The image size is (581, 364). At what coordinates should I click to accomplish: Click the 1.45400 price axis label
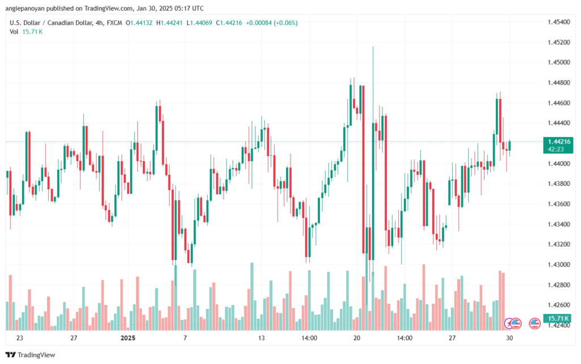pos(557,22)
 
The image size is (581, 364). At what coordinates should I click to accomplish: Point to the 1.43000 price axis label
pos(557,265)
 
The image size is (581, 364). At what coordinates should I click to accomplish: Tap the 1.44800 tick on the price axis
pos(557,83)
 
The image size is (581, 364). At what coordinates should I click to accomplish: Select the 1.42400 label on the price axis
pos(557,325)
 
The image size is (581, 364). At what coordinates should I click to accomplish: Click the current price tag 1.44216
pos(557,141)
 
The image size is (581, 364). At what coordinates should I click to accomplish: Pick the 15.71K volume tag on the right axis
pos(557,318)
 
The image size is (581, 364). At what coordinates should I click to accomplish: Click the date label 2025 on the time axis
pos(128,337)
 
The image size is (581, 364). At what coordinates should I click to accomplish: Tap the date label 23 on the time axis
pos(20,337)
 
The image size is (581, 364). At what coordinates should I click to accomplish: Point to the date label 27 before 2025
pos(74,337)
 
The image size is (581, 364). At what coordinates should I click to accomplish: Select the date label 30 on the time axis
pos(510,337)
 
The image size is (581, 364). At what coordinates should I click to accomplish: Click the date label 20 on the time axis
pos(356,337)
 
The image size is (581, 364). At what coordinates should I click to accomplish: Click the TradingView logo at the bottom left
pos(36,354)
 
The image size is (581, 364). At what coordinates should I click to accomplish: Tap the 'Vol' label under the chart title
pos(14,32)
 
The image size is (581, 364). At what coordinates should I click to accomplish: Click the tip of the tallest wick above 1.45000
pos(373,47)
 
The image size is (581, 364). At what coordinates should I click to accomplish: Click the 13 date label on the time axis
pos(262,337)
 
